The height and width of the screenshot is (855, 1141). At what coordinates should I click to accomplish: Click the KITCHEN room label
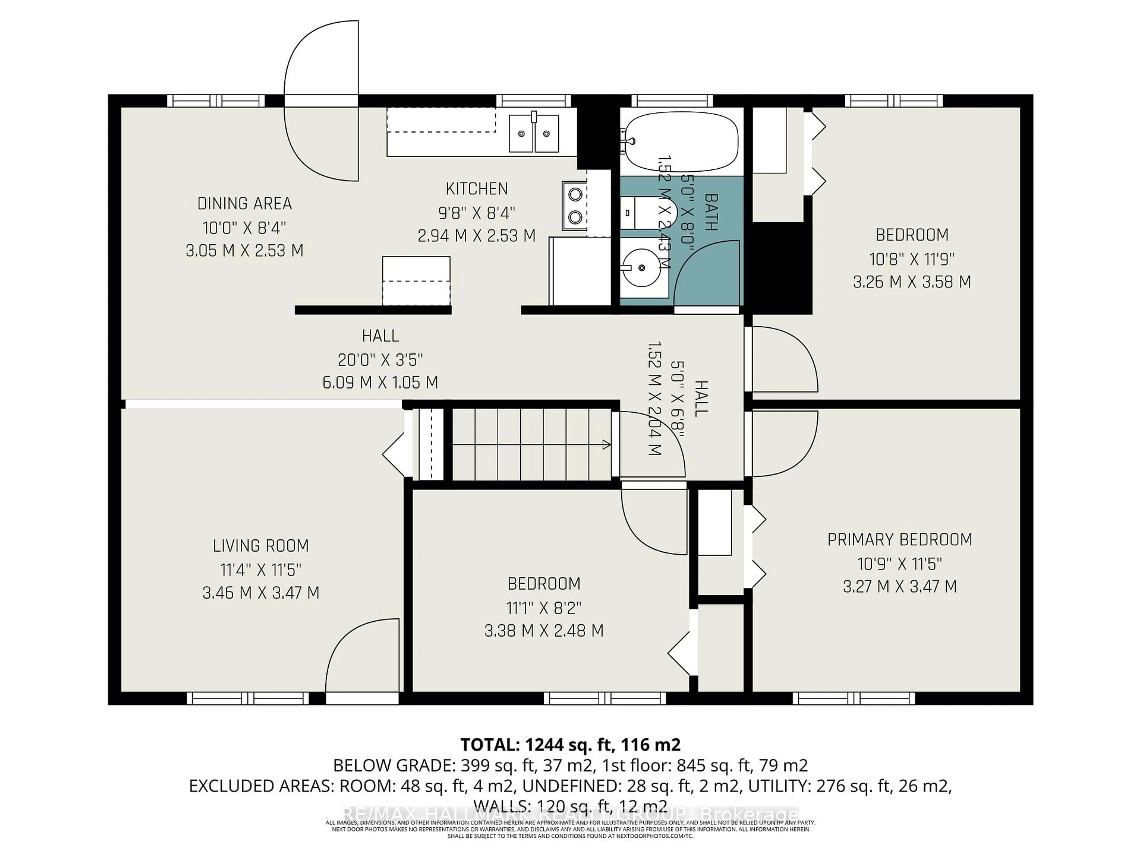[x=477, y=189]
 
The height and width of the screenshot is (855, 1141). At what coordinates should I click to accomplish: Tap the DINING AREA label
[x=245, y=204]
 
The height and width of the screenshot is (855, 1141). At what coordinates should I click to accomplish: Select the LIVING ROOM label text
[x=261, y=546]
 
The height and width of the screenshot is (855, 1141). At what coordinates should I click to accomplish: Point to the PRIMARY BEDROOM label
[x=900, y=540]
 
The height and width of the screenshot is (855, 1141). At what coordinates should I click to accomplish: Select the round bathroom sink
[x=642, y=268]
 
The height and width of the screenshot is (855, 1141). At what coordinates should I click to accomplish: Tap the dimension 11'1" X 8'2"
[x=544, y=608]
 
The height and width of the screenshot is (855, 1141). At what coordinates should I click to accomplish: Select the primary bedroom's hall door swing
[x=784, y=443]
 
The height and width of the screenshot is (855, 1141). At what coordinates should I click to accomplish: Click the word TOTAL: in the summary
[x=489, y=745]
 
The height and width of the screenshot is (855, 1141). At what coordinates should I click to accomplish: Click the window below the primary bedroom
[x=854, y=698]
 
